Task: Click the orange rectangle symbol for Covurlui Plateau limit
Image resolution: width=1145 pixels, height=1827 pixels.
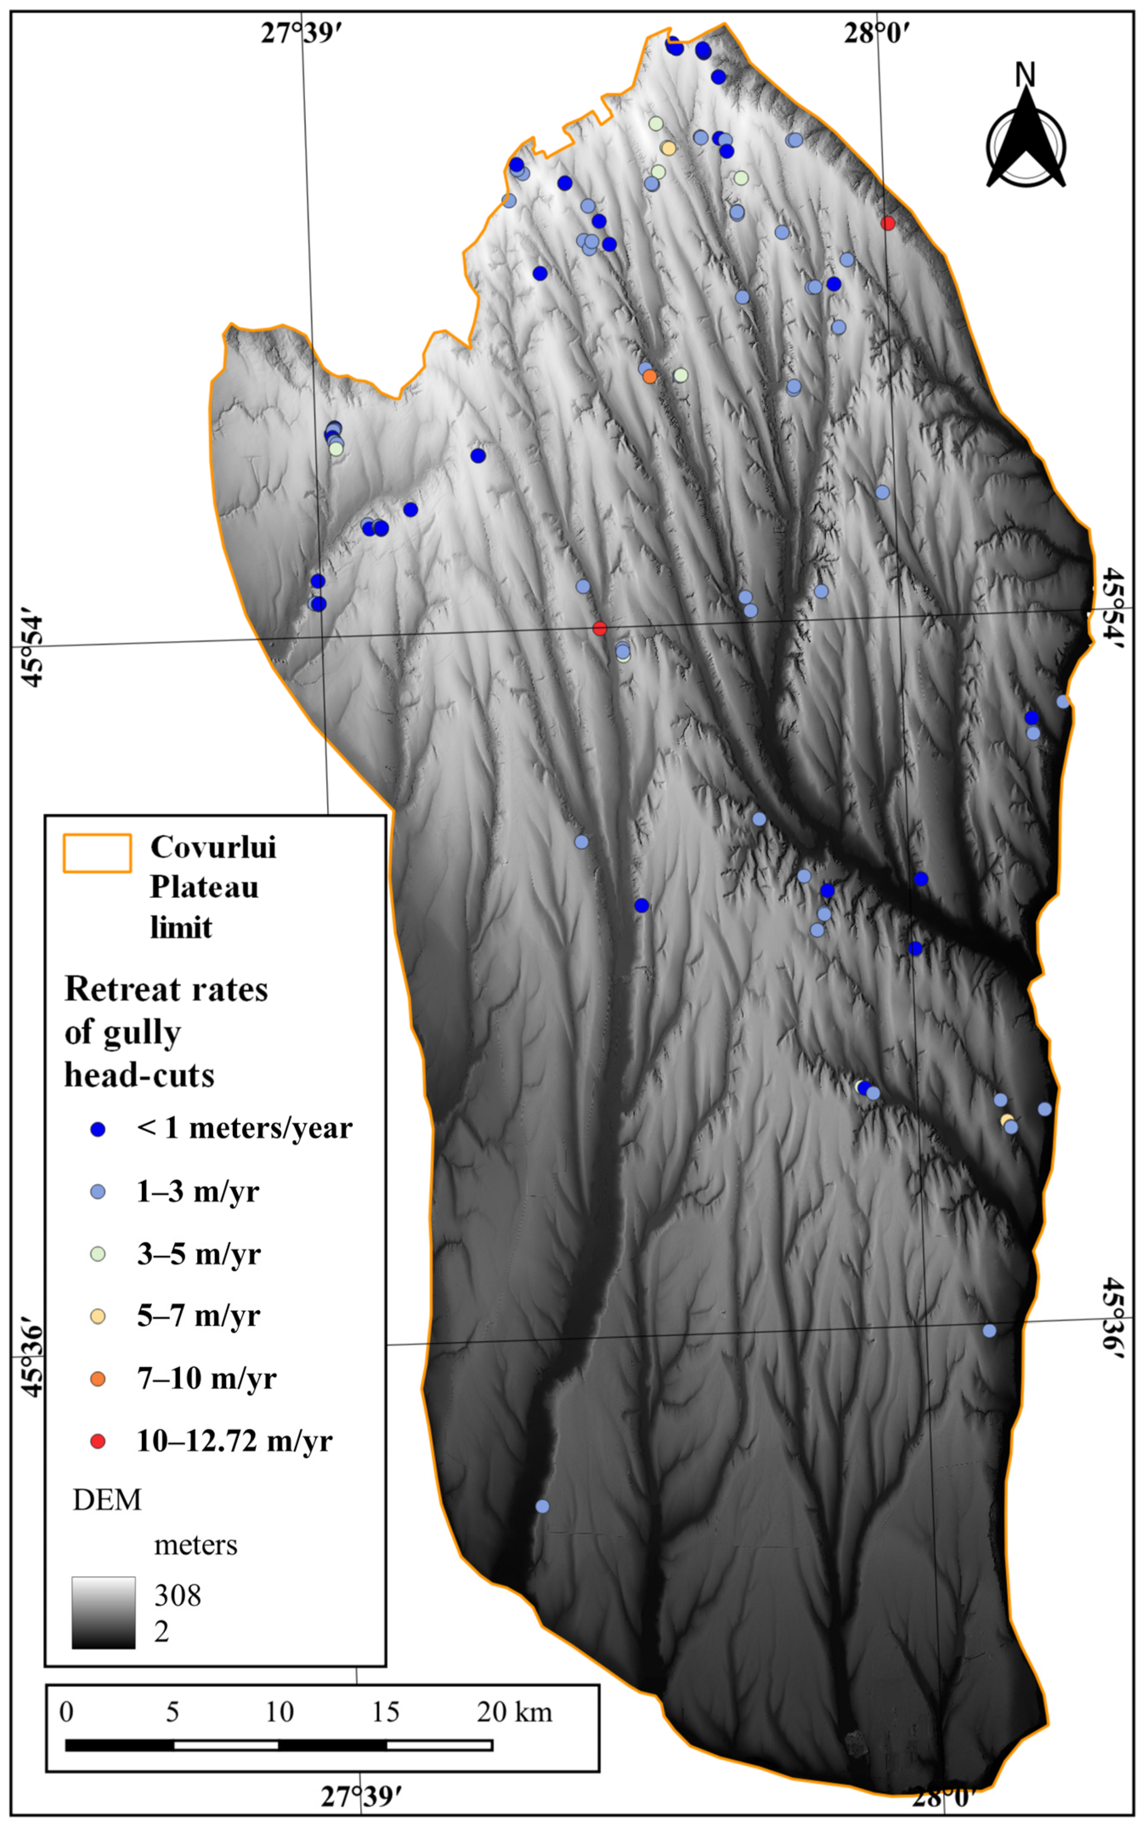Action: click(x=97, y=854)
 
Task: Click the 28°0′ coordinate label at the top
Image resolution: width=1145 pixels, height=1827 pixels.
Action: click(x=877, y=33)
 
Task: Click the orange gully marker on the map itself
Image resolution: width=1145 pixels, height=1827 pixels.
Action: click(x=650, y=377)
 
